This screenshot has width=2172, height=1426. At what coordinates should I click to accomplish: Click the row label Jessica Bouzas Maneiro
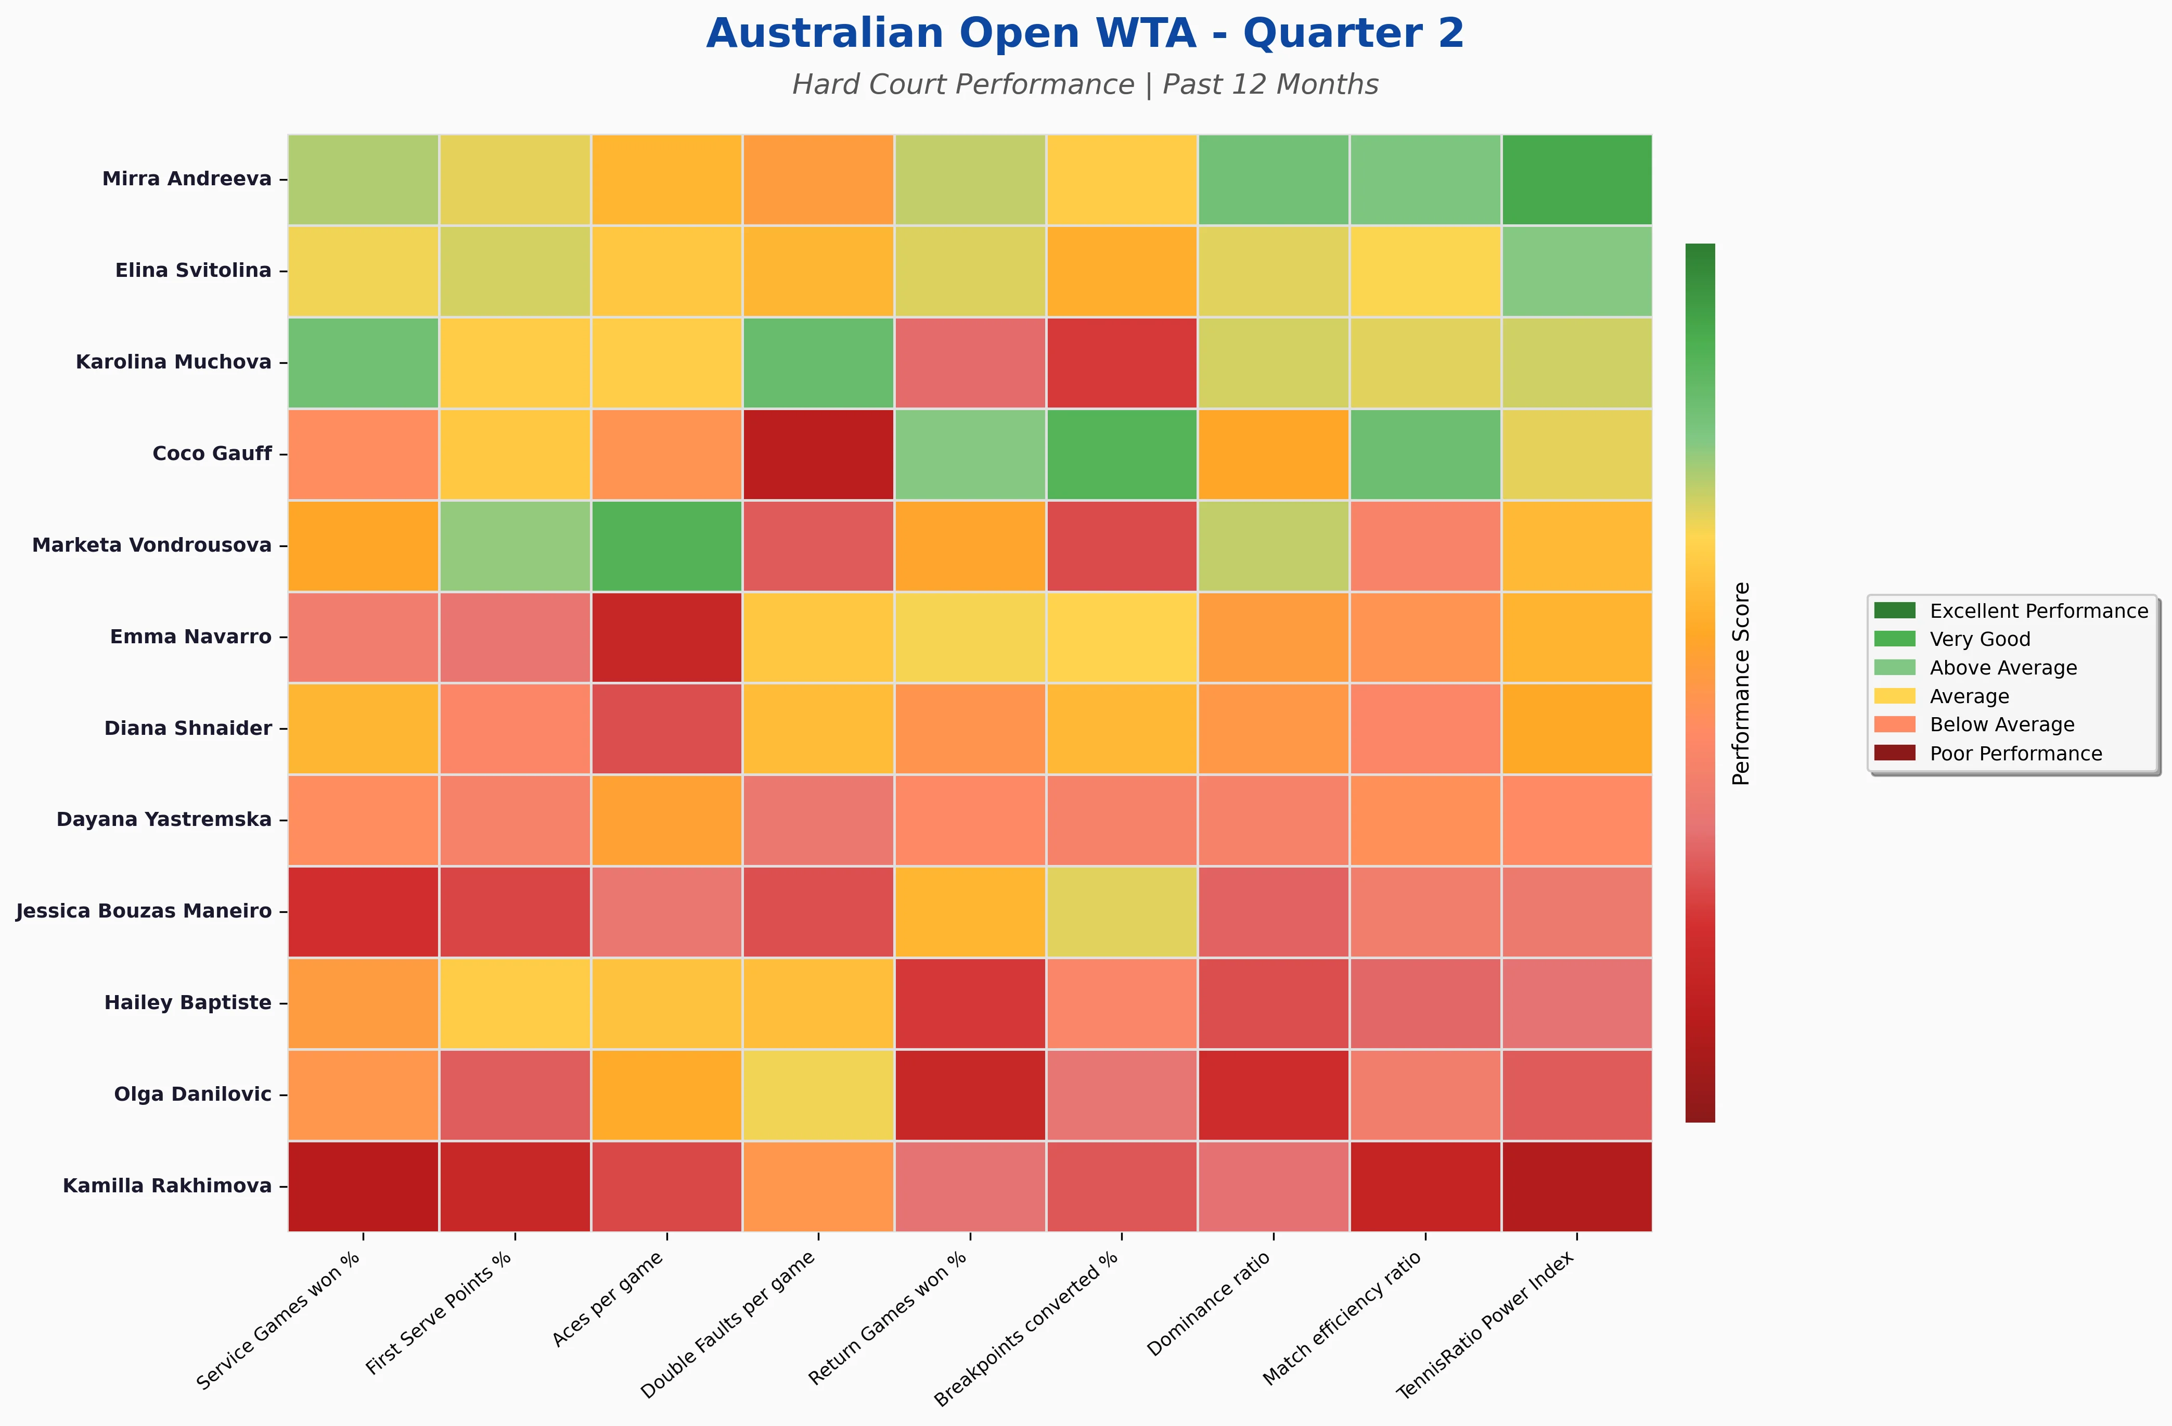(144, 911)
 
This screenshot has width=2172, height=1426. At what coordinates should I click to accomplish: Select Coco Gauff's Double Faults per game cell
(818, 454)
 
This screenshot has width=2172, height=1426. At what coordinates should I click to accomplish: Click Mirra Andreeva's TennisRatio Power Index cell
(1576, 179)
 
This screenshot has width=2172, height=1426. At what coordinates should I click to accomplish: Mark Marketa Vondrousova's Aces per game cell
(666, 545)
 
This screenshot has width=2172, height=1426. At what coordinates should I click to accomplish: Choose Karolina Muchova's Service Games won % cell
(363, 362)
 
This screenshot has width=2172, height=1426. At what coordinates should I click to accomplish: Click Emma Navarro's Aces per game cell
(666, 637)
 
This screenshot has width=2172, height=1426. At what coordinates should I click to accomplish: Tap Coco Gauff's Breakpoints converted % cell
(1122, 454)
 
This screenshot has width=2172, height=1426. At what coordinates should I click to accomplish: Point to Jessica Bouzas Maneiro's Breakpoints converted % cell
(1122, 911)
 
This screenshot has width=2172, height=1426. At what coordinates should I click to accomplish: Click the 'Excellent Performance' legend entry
(2039, 611)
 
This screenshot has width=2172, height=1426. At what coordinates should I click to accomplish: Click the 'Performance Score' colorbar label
(1741, 683)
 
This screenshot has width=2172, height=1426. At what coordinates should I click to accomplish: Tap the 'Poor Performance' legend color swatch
(1895, 753)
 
